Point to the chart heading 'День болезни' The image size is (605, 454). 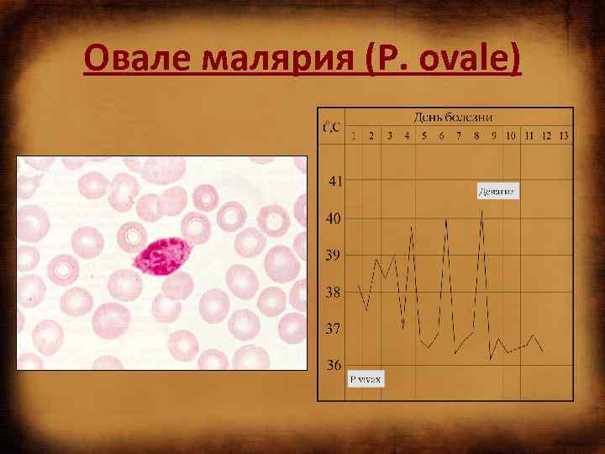click(x=452, y=116)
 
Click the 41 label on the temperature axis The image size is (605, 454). click(x=334, y=181)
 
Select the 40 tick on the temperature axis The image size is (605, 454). click(x=334, y=219)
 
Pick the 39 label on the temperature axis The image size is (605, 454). click(x=334, y=255)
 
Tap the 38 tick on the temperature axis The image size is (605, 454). click(x=334, y=293)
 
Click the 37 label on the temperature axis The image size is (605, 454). click(x=334, y=329)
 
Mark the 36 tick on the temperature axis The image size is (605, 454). click(x=334, y=366)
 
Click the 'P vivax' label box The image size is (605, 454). click(x=366, y=379)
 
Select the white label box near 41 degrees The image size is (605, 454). click(x=497, y=192)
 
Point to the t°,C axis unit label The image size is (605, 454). click(x=331, y=129)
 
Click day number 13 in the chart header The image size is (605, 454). click(x=563, y=135)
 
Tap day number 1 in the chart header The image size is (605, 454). click(x=354, y=135)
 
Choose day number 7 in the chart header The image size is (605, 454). click(x=459, y=135)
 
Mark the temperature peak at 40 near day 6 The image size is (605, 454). click(x=446, y=219)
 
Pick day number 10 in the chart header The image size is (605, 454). click(x=510, y=135)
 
